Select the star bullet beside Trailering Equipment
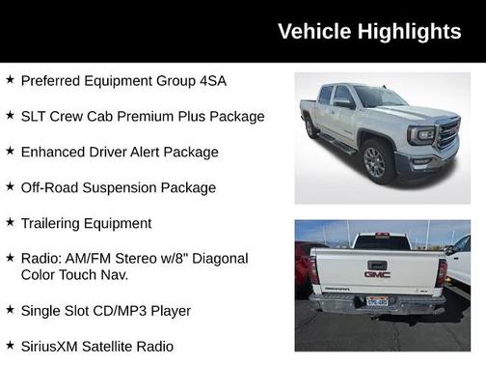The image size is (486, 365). click(10, 222)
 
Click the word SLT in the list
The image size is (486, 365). click(34, 116)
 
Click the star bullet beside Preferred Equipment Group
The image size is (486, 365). click(10, 79)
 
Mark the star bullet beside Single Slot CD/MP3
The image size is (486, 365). click(10, 309)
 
